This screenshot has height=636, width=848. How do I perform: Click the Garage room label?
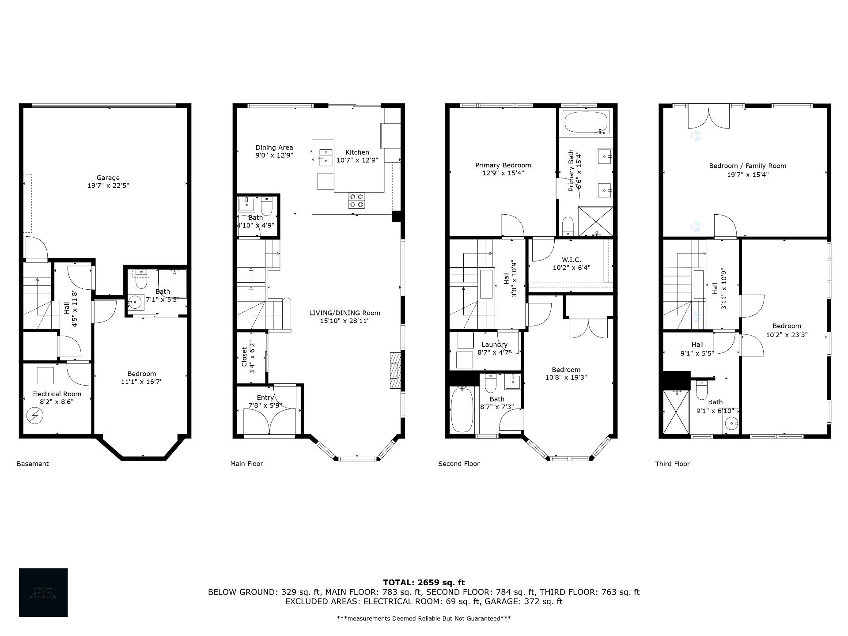pos(108,178)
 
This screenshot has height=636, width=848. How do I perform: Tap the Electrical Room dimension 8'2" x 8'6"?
pos(57,402)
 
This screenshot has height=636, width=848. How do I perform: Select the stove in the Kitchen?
pos(356,201)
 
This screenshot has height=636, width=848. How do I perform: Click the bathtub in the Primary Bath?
pos(587,122)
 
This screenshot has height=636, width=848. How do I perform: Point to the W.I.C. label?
pos(571,260)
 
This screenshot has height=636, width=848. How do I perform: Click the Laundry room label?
pos(494,344)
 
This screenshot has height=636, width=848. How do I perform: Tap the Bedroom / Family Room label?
pos(747,166)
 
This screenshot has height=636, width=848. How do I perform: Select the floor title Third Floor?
pos(672,464)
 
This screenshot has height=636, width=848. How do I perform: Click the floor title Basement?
pos(33,464)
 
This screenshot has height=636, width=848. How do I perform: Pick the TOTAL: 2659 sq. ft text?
pos(424,583)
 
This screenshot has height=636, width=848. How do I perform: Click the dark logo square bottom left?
pos(43,592)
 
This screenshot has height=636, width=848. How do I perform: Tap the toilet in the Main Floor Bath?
pos(267,206)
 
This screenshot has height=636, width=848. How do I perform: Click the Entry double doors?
pos(269,422)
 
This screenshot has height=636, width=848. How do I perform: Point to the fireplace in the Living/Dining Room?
pos(395,370)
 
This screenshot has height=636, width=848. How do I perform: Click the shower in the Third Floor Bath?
pos(676,413)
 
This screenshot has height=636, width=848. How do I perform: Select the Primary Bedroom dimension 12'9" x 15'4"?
pos(503,173)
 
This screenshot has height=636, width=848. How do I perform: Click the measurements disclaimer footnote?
pos(424,618)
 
